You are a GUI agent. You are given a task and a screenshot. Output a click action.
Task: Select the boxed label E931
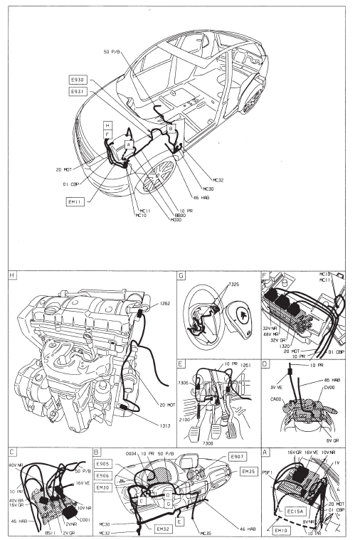coord(77,92)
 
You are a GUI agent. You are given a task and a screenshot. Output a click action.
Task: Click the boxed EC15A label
coord(298,511)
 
